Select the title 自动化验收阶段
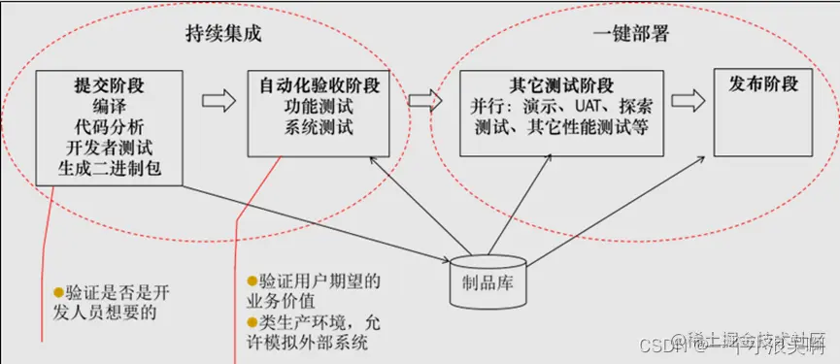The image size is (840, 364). (x=320, y=85)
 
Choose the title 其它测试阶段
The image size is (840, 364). (x=561, y=85)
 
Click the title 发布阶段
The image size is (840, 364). (x=763, y=85)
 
